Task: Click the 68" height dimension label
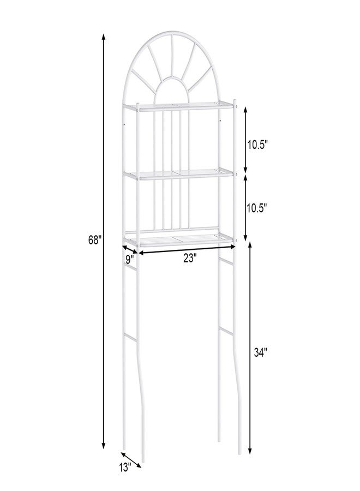(x=95, y=240)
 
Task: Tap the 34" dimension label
(x=260, y=352)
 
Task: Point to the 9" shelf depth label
(x=130, y=259)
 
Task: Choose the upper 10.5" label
(x=257, y=145)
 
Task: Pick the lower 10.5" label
(x=256, y=208)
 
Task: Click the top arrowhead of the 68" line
(x=104, y=37)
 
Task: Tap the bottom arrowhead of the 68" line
(x=104, y=445)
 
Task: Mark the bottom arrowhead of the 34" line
(x=250, y=450)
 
